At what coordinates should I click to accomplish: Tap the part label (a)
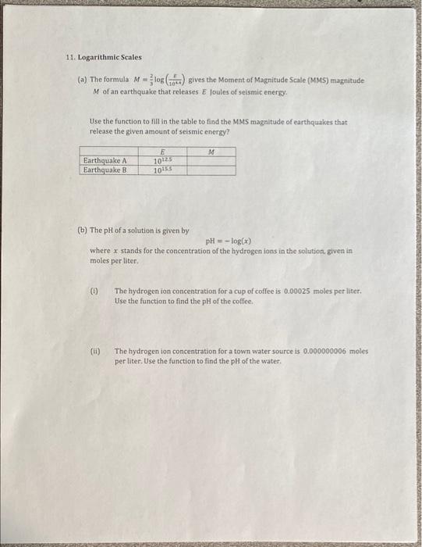point(82,80)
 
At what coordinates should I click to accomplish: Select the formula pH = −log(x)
point(228,241)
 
